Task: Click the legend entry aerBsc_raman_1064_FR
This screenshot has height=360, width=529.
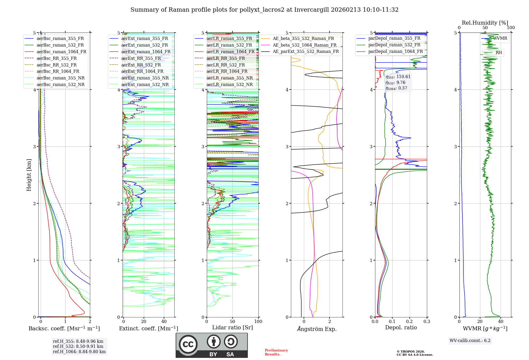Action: click(61, 52)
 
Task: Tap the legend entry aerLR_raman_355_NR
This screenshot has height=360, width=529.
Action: click(229, 78)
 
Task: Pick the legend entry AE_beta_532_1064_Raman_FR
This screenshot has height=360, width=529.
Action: click(304, 45)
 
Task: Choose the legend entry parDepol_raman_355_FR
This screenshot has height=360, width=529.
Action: click(394, 38)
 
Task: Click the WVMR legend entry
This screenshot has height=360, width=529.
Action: click(500, 38)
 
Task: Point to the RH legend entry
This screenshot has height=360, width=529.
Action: click(499, 53)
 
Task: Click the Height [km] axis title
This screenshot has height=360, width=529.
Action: click(29, 175)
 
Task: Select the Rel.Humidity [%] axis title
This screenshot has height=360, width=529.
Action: click(485, 23)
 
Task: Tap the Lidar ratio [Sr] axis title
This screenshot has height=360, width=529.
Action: click(232, 327)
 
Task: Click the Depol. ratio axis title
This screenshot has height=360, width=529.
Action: click(401, 327)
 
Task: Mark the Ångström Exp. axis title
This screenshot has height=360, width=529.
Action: click(317, 329)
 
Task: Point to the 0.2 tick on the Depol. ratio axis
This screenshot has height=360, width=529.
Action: click(409, 321)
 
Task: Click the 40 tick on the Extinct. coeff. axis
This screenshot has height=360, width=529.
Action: click(164, 321)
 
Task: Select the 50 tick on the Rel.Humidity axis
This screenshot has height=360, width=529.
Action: click(485, 28)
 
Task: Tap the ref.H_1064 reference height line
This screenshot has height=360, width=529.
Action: click(79, 352)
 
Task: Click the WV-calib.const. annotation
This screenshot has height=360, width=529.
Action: click(470, 341)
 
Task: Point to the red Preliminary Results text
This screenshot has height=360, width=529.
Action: click(276, 352)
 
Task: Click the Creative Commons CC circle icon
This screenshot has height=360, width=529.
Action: click(188, 344)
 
